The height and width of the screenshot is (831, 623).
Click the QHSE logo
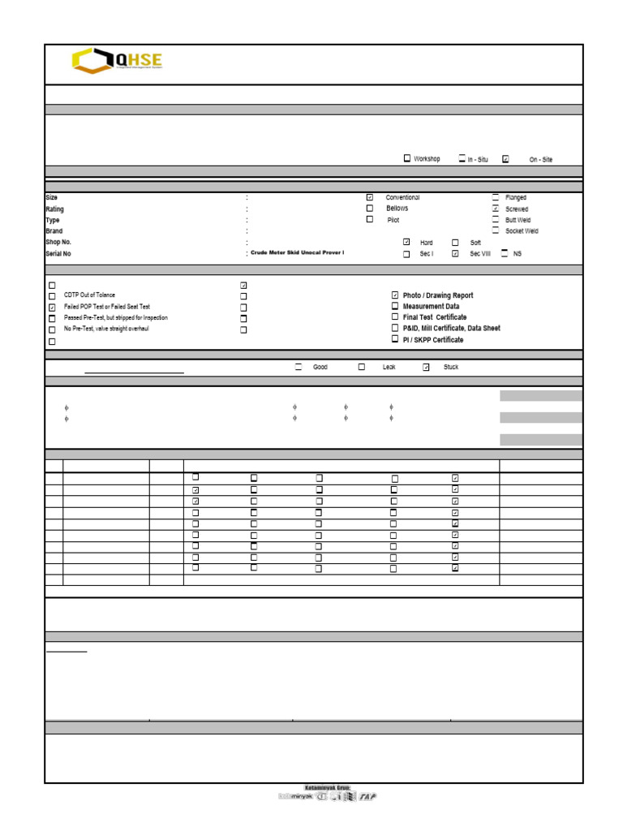117,61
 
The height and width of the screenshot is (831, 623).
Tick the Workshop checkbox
407,158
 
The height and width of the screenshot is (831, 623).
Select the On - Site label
540,160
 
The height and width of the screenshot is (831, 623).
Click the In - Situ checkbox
462,158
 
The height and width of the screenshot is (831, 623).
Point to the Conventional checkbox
370,197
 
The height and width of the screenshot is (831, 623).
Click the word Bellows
397,209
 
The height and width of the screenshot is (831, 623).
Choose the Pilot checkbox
370,219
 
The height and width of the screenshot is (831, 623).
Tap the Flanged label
516,197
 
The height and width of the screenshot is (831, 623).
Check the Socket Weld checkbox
496,230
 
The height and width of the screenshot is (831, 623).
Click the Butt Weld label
518,220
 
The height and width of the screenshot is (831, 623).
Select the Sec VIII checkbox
455,253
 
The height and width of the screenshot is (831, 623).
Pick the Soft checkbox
455,242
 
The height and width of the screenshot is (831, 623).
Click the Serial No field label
58,254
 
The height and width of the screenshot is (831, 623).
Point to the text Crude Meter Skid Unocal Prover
298,253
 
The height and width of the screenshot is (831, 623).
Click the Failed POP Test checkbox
53,308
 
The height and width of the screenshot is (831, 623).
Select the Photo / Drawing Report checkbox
395,295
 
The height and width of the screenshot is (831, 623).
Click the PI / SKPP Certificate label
433,340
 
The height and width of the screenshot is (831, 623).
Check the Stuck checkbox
426,367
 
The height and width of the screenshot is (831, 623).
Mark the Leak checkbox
362,367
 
